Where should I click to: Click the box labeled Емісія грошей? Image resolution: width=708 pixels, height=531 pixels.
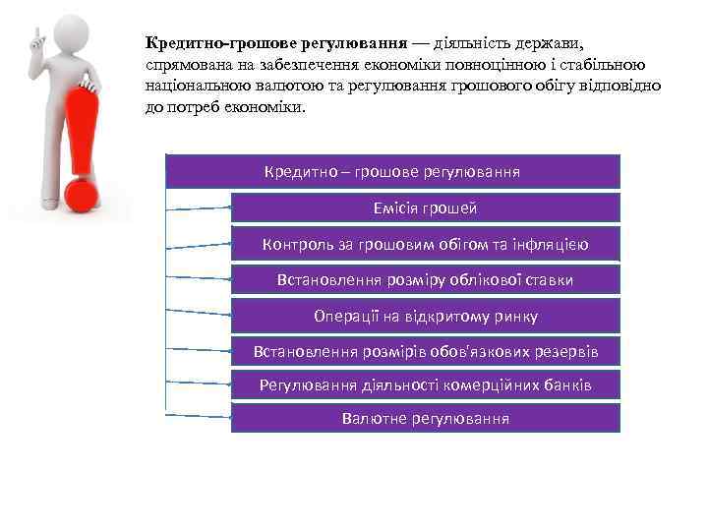[x=426, y=207]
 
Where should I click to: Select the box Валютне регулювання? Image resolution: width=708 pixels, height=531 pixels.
[x=426, y=418]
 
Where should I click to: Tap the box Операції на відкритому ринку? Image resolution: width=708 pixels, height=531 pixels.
[x=426, y=316]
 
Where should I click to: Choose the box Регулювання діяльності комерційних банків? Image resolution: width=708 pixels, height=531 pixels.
[x=426, y=383]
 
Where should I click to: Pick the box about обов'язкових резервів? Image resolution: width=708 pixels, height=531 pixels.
[x=426, y=350]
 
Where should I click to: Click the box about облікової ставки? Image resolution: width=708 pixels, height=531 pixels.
[x=426, y=280]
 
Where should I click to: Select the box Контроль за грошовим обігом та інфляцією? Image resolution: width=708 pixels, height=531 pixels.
[x=426, y=244]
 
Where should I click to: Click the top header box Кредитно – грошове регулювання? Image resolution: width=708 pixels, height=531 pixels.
[x=393, y=171]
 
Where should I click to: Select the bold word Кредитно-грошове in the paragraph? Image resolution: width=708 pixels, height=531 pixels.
[x=206, y=43]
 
